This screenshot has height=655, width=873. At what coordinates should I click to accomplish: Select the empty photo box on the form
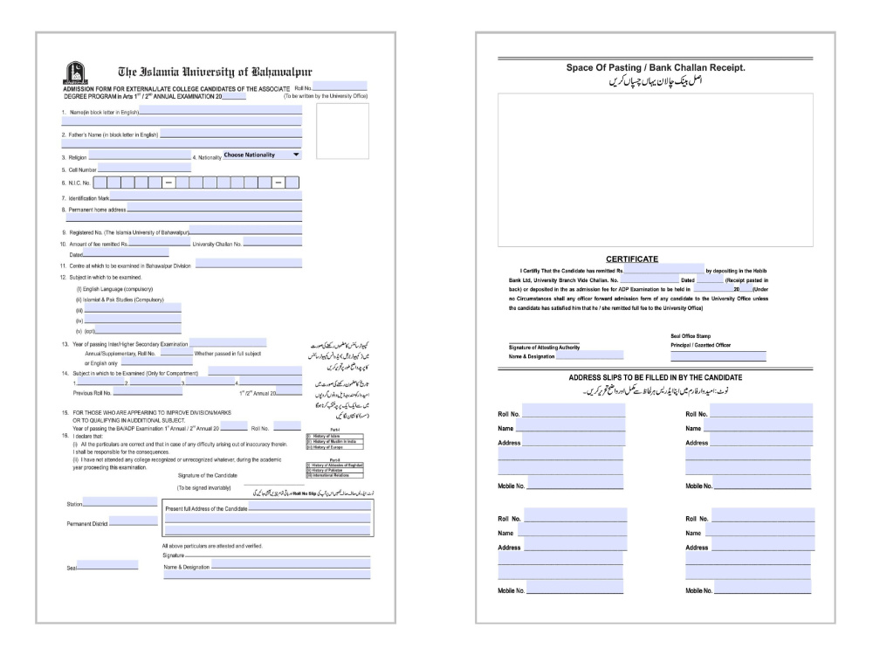(342, 131)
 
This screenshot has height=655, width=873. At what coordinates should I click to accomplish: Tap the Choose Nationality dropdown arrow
(296, 155)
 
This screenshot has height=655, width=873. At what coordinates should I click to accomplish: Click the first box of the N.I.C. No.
(100, 183)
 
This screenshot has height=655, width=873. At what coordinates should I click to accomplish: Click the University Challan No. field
(272, 244)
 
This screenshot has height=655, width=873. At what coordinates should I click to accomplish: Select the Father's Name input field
(232, 134)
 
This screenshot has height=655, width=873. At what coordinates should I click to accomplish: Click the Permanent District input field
(133, 522)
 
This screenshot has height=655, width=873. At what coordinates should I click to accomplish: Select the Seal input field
(107, 565)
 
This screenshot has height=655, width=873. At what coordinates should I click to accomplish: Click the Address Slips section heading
(655, 376)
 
